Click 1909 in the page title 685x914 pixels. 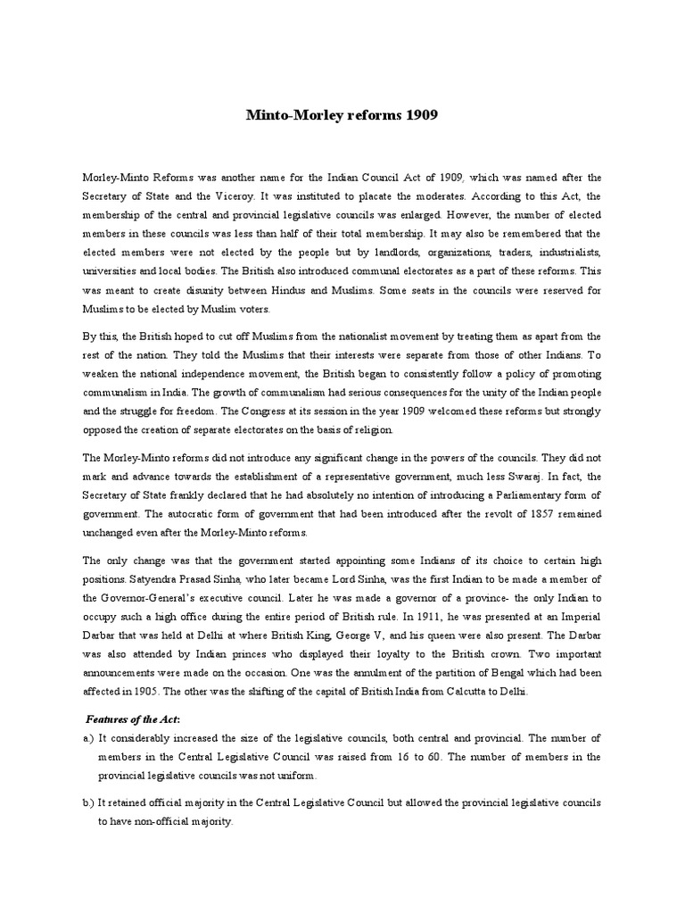pos(422,117)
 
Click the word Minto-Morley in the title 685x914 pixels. pos(288,117)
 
